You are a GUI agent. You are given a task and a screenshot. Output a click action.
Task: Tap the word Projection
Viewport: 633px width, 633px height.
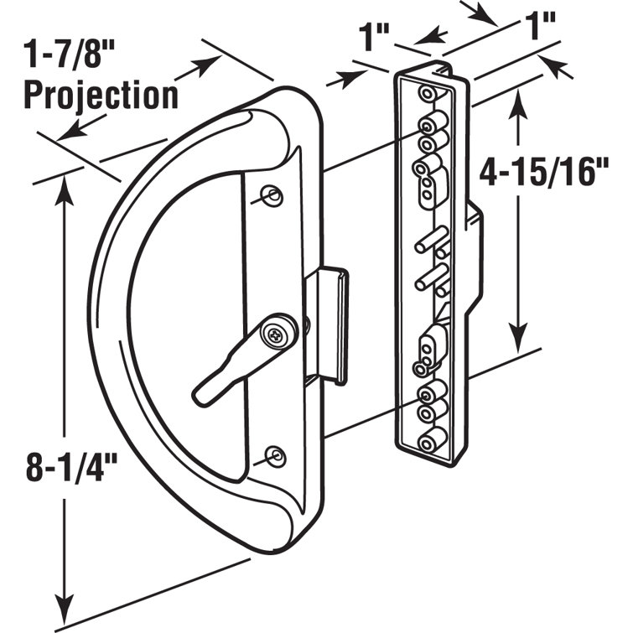pyautogui.click(x=101, y=95)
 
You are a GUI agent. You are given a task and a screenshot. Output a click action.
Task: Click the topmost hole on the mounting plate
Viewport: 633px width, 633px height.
pyautogui.click(x=428, y=92)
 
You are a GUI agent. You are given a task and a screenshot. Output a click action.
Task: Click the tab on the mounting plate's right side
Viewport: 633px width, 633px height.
pyautogui.click(x=475, y=252)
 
